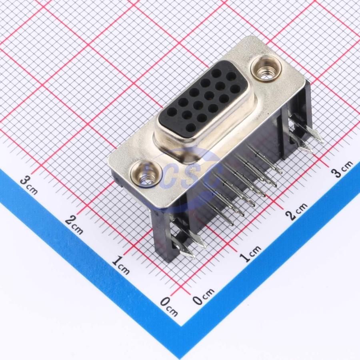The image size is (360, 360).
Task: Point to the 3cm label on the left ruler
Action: [x=29, y=185]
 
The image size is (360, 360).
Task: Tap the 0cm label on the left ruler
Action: [x=168, y=306]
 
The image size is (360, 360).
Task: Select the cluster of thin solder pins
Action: [x=244, y=184]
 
